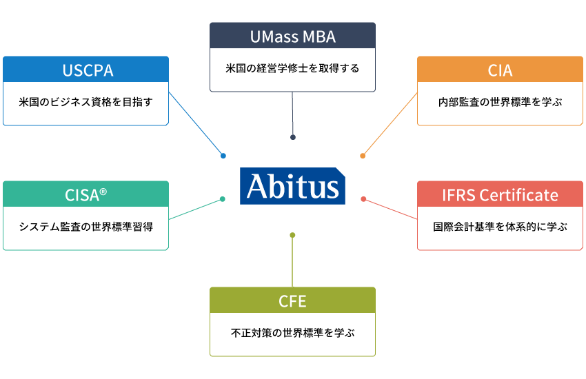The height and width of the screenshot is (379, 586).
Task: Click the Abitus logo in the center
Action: pos(292,185)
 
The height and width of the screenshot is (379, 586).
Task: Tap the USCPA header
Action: pos(86,70)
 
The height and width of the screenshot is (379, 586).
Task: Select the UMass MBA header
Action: pos(293,37)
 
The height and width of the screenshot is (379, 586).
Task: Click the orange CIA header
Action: pos(500,70)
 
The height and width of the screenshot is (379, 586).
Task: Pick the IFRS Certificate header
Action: pos(500,194)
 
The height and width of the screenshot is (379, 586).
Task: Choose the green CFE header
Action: pos(293,301)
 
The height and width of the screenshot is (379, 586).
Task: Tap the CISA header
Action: pos(86,194)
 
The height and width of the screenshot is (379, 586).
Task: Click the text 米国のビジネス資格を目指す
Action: pos(86,102)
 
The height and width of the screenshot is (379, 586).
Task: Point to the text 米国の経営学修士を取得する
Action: pos(293,69)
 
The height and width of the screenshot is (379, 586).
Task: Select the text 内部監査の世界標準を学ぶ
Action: pos(500,102)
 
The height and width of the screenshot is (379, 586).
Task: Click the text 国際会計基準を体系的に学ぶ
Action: pos(500,227)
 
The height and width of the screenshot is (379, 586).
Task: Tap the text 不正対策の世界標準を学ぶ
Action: pos(293,333)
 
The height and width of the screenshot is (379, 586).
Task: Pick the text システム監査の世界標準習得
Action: pos(86,227)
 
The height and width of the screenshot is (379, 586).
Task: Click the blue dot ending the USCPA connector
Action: pos(223,156)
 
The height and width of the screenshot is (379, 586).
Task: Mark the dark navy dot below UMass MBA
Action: pos(293,137)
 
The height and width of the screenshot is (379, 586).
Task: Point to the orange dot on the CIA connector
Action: pos(363,156)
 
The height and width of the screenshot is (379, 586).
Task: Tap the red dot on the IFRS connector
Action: pos(363,199)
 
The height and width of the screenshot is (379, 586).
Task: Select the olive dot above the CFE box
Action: pos(292,236)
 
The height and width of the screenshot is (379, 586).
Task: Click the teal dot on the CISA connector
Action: pos(222,199)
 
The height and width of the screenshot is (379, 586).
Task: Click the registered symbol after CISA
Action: pos(103,191)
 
